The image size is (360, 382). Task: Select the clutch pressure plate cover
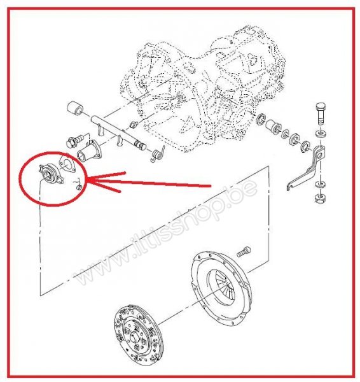(x=221, y=288)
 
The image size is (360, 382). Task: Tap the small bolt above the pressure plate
(x=244, y=251)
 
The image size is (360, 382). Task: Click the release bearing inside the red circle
(x=51, y=174)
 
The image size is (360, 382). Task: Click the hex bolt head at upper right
(x=321, y=108)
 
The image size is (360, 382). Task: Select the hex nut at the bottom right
(x=320, y=198)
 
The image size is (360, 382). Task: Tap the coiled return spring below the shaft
(x=158, y=153)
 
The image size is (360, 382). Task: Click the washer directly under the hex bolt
(x=321, y=134)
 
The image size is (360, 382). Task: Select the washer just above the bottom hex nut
(x=321, y=185)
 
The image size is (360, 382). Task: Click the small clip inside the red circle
(x=78, y=185)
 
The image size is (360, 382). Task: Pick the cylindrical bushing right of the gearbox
(x=272, y=126)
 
